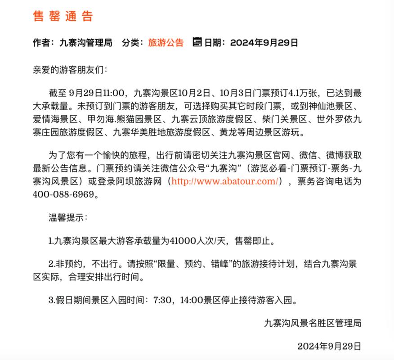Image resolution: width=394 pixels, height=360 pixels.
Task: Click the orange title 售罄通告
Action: [63, 17]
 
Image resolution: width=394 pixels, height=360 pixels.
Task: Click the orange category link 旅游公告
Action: [166, 43]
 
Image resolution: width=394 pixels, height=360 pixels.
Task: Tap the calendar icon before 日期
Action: [197, 43]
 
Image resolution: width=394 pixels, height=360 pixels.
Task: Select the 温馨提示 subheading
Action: [66, 218]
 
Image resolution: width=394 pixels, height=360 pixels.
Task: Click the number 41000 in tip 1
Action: [184, 241]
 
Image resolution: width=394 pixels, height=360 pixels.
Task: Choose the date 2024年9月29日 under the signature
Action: [329, 346]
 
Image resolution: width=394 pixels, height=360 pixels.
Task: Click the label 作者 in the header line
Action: [41, 43]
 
